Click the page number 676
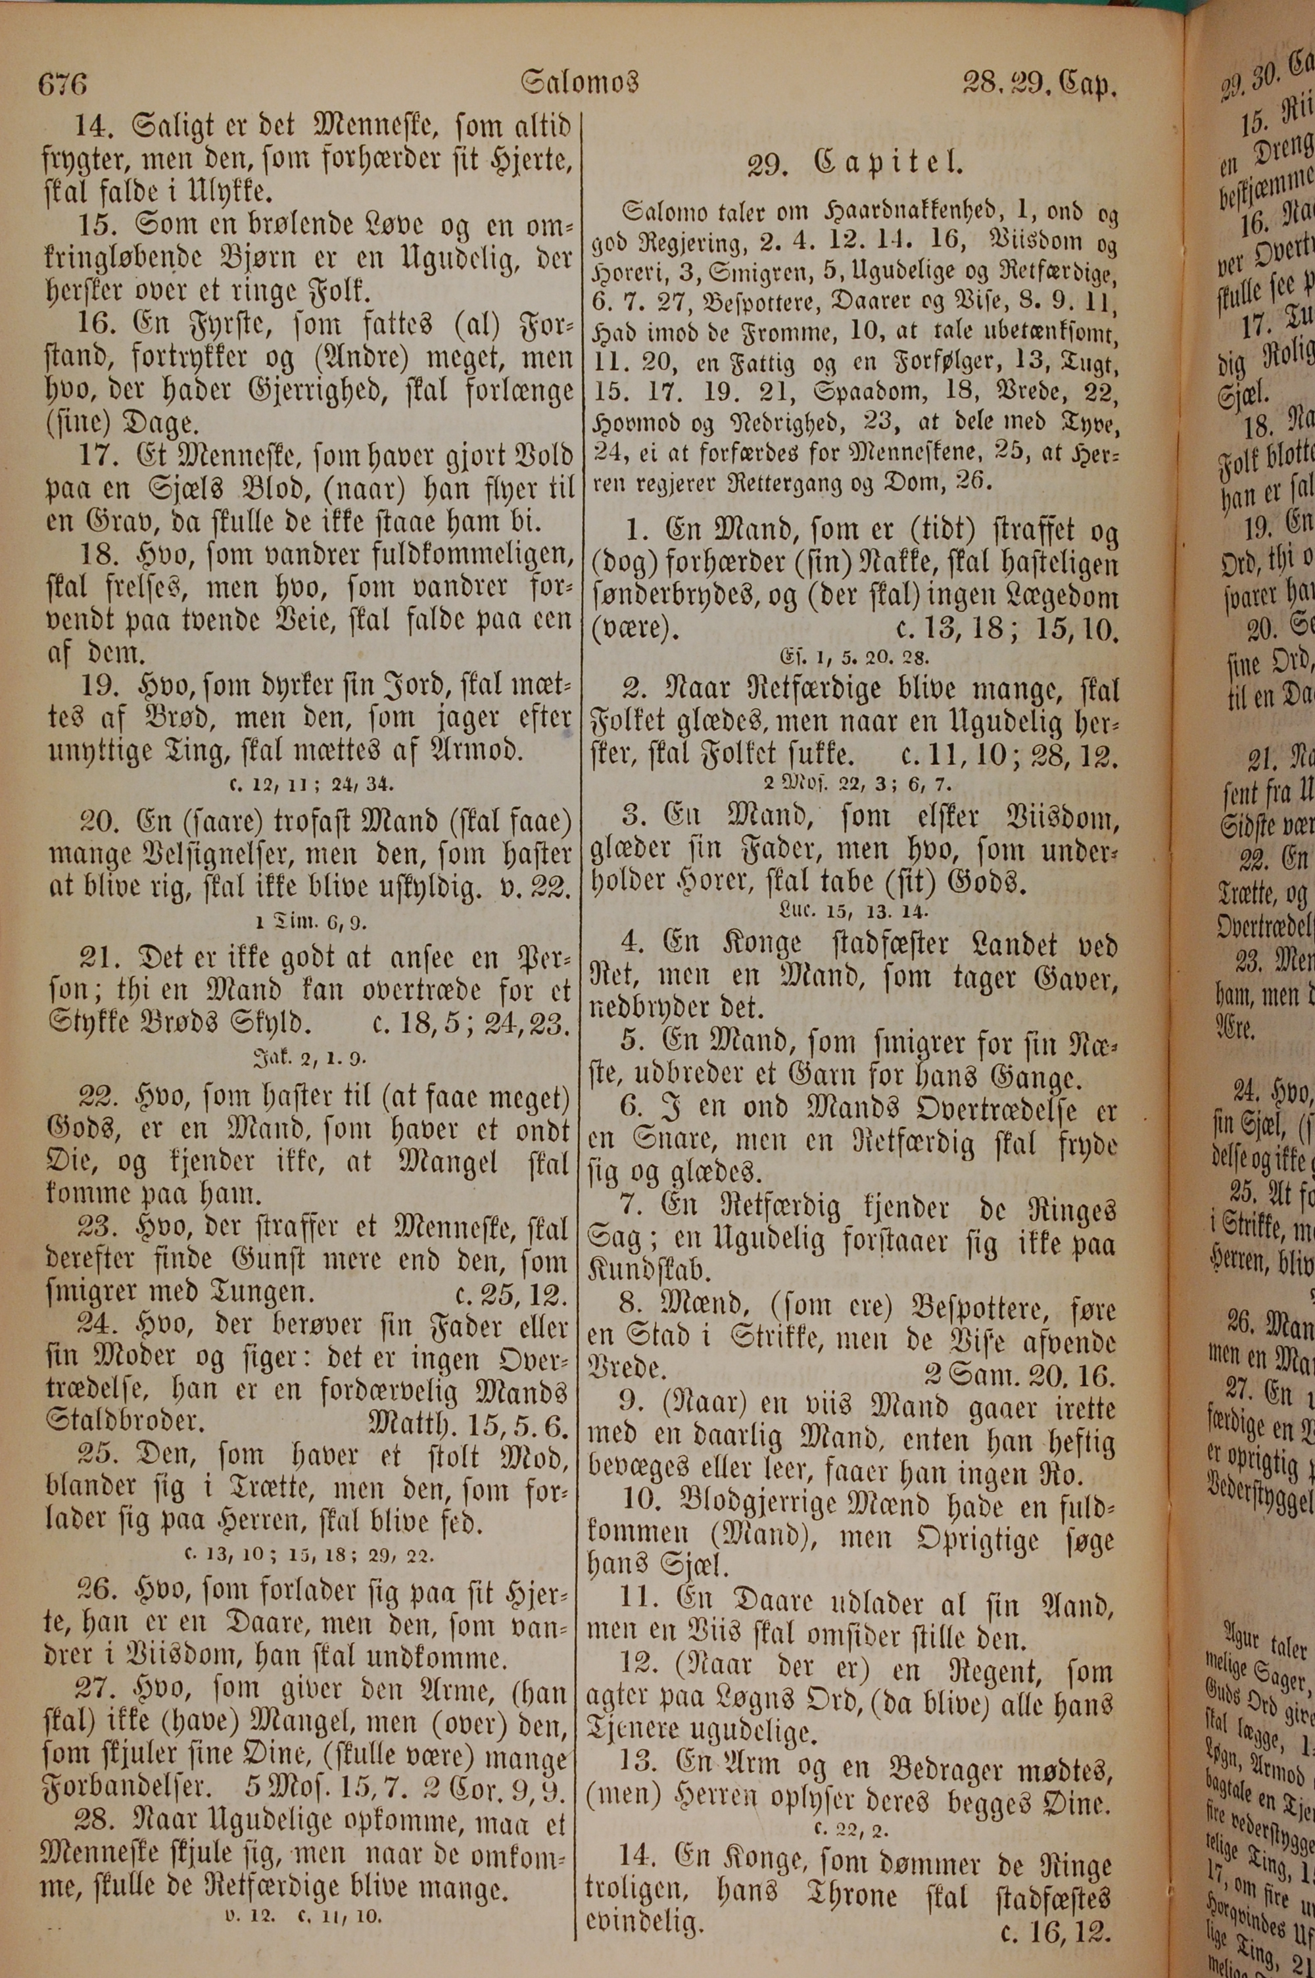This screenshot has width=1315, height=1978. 63,85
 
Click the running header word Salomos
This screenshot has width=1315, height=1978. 579,82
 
